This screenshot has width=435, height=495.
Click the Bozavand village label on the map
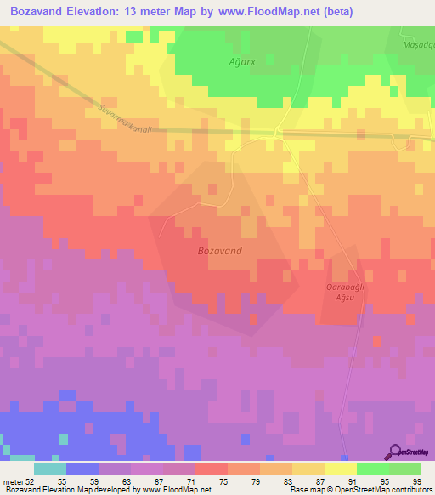[219, 251]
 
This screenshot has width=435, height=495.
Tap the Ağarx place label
[242, 62]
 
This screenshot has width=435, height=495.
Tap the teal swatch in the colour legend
[49, 469]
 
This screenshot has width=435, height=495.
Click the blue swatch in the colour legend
[82, 469]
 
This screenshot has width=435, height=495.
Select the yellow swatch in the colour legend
[340, 469]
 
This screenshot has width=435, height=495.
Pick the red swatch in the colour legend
[211, 469]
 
